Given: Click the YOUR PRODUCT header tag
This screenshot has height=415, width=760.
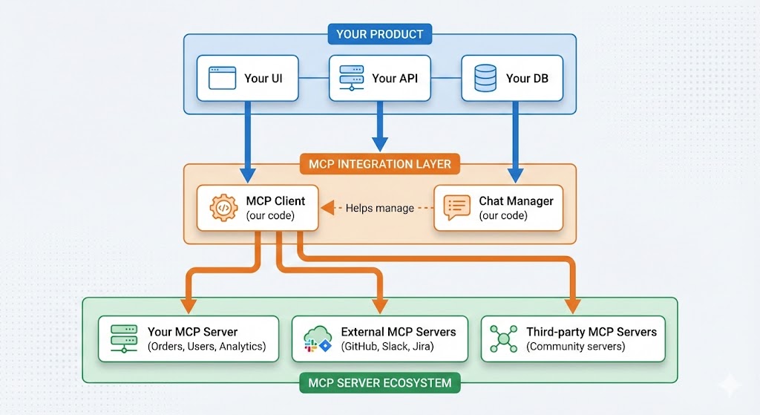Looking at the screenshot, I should point(379,33).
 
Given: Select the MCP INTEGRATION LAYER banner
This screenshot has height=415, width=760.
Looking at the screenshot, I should point(379,163).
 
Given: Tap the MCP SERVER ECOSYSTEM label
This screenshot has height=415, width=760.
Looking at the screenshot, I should point(379,383).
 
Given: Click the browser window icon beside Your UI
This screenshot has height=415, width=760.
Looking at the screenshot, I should point(222,77).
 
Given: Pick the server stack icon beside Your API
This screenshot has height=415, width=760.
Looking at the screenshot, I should point(352,77).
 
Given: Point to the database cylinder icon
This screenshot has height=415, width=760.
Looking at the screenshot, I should point(485,77).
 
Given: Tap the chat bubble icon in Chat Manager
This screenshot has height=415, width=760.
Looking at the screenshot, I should point(456,208).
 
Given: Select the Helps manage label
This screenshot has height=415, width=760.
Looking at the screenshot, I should point(379,208).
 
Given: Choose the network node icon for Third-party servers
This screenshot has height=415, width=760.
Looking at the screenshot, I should point(503,339).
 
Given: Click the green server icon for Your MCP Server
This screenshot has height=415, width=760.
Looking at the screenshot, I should point(123,339).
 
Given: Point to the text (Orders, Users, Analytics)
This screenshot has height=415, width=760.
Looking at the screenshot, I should point(206,346).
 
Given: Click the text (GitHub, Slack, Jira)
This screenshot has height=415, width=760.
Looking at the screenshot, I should point(387,346).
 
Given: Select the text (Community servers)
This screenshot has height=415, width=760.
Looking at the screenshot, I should point(576,346).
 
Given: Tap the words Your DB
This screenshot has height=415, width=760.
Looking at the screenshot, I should point(527,78).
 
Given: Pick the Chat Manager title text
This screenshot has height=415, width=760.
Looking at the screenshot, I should point(516,201).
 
